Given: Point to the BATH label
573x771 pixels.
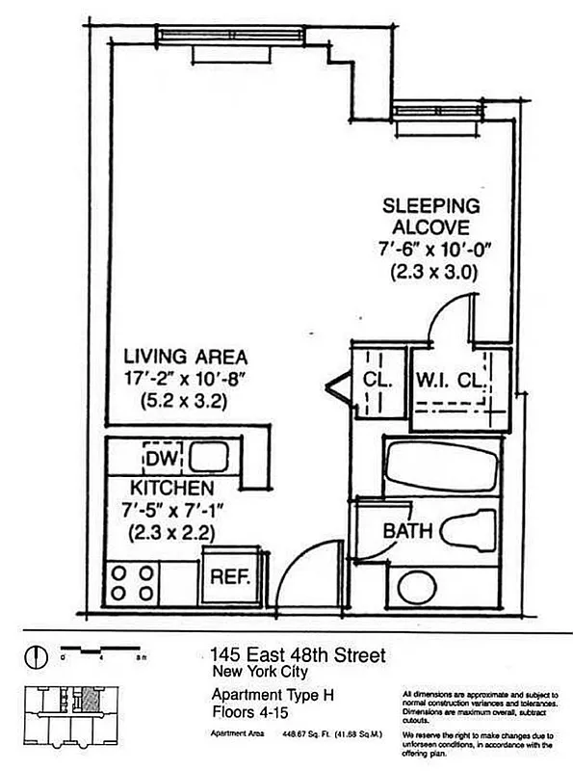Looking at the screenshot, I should (x=405, y=530).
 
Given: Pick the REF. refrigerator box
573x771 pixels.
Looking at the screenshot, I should (x=229, y=576).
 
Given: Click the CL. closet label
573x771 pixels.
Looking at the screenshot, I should (x=377, y=380).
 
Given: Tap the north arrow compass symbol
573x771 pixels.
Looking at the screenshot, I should (x=36, y=657).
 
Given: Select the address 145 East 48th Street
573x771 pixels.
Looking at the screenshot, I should (x=298, y=656).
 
